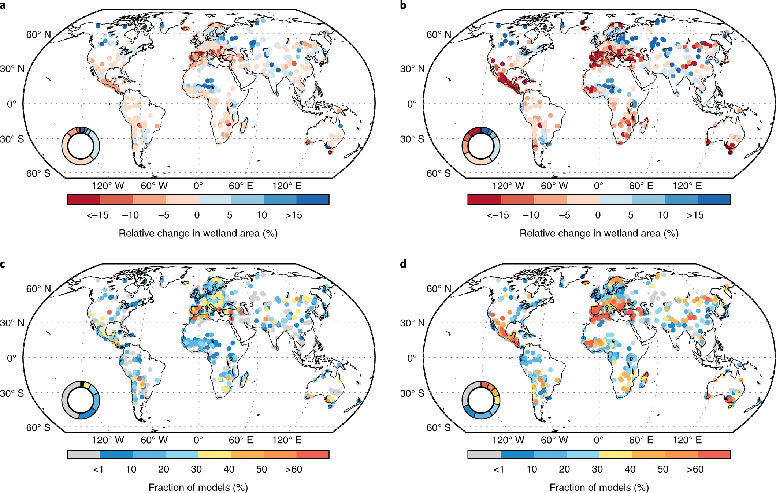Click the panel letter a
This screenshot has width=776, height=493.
[3, 5]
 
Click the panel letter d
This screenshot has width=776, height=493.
[403, 264]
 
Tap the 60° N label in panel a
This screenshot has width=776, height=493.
[38, 35]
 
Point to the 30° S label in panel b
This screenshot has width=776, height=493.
[412, 139]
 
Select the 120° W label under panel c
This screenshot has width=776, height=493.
[108, 440]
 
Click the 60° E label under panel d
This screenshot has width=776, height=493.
[641, 440]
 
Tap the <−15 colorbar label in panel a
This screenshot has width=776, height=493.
[97, 215]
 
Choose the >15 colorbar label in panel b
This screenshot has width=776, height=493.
[695, 215]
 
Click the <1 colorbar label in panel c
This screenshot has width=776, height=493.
[98, 469]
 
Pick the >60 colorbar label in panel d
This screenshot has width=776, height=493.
[695, 469]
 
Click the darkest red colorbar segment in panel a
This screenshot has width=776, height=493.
[84, 199]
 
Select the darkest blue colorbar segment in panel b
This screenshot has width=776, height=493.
[714, 199]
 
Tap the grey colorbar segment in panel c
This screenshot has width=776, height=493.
[84, 454]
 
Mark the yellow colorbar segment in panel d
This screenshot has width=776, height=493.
[616, 454]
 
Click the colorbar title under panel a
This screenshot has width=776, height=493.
[198, 234]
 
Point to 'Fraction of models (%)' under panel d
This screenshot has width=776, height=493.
[599, 488]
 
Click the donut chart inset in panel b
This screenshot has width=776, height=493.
[481, 146]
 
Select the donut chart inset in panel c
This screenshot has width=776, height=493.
[81, 400]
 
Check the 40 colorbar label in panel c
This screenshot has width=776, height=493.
[229, 469]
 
